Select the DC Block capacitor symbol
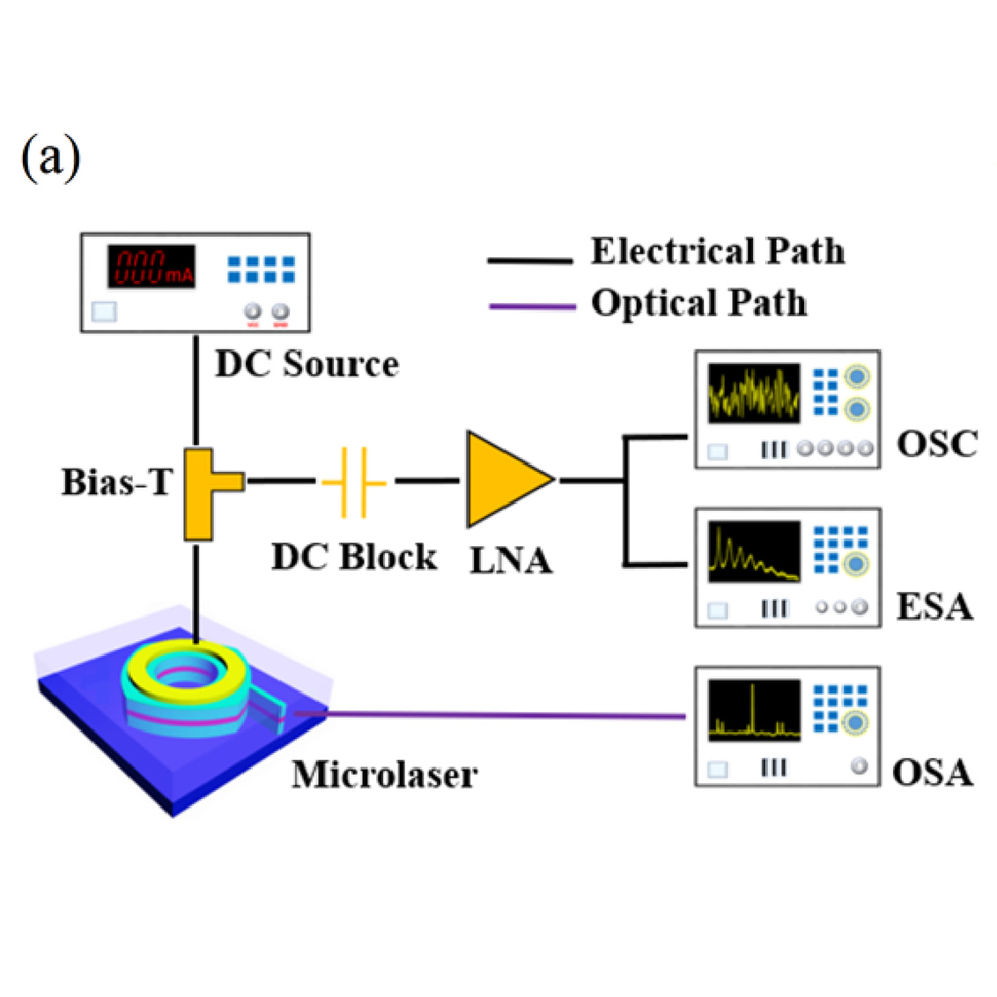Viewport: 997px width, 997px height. point(354,482)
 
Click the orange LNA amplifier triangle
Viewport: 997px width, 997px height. point(502,480)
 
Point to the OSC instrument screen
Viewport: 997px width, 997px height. point(754,393)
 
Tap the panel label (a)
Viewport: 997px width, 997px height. point(50,159)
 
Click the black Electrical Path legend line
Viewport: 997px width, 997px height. point(530,261)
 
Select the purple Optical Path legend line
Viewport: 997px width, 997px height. point(532,306)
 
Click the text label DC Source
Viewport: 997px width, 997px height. point(306,365)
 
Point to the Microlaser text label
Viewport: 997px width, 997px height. point(385,775)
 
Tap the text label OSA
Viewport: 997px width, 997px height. point(932,773)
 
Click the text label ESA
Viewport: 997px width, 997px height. point(934,607)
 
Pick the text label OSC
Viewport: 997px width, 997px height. point(937,444)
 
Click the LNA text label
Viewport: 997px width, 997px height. point(511,561)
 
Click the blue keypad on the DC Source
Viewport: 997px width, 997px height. point(262,270)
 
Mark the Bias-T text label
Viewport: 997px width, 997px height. point(117,483)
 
